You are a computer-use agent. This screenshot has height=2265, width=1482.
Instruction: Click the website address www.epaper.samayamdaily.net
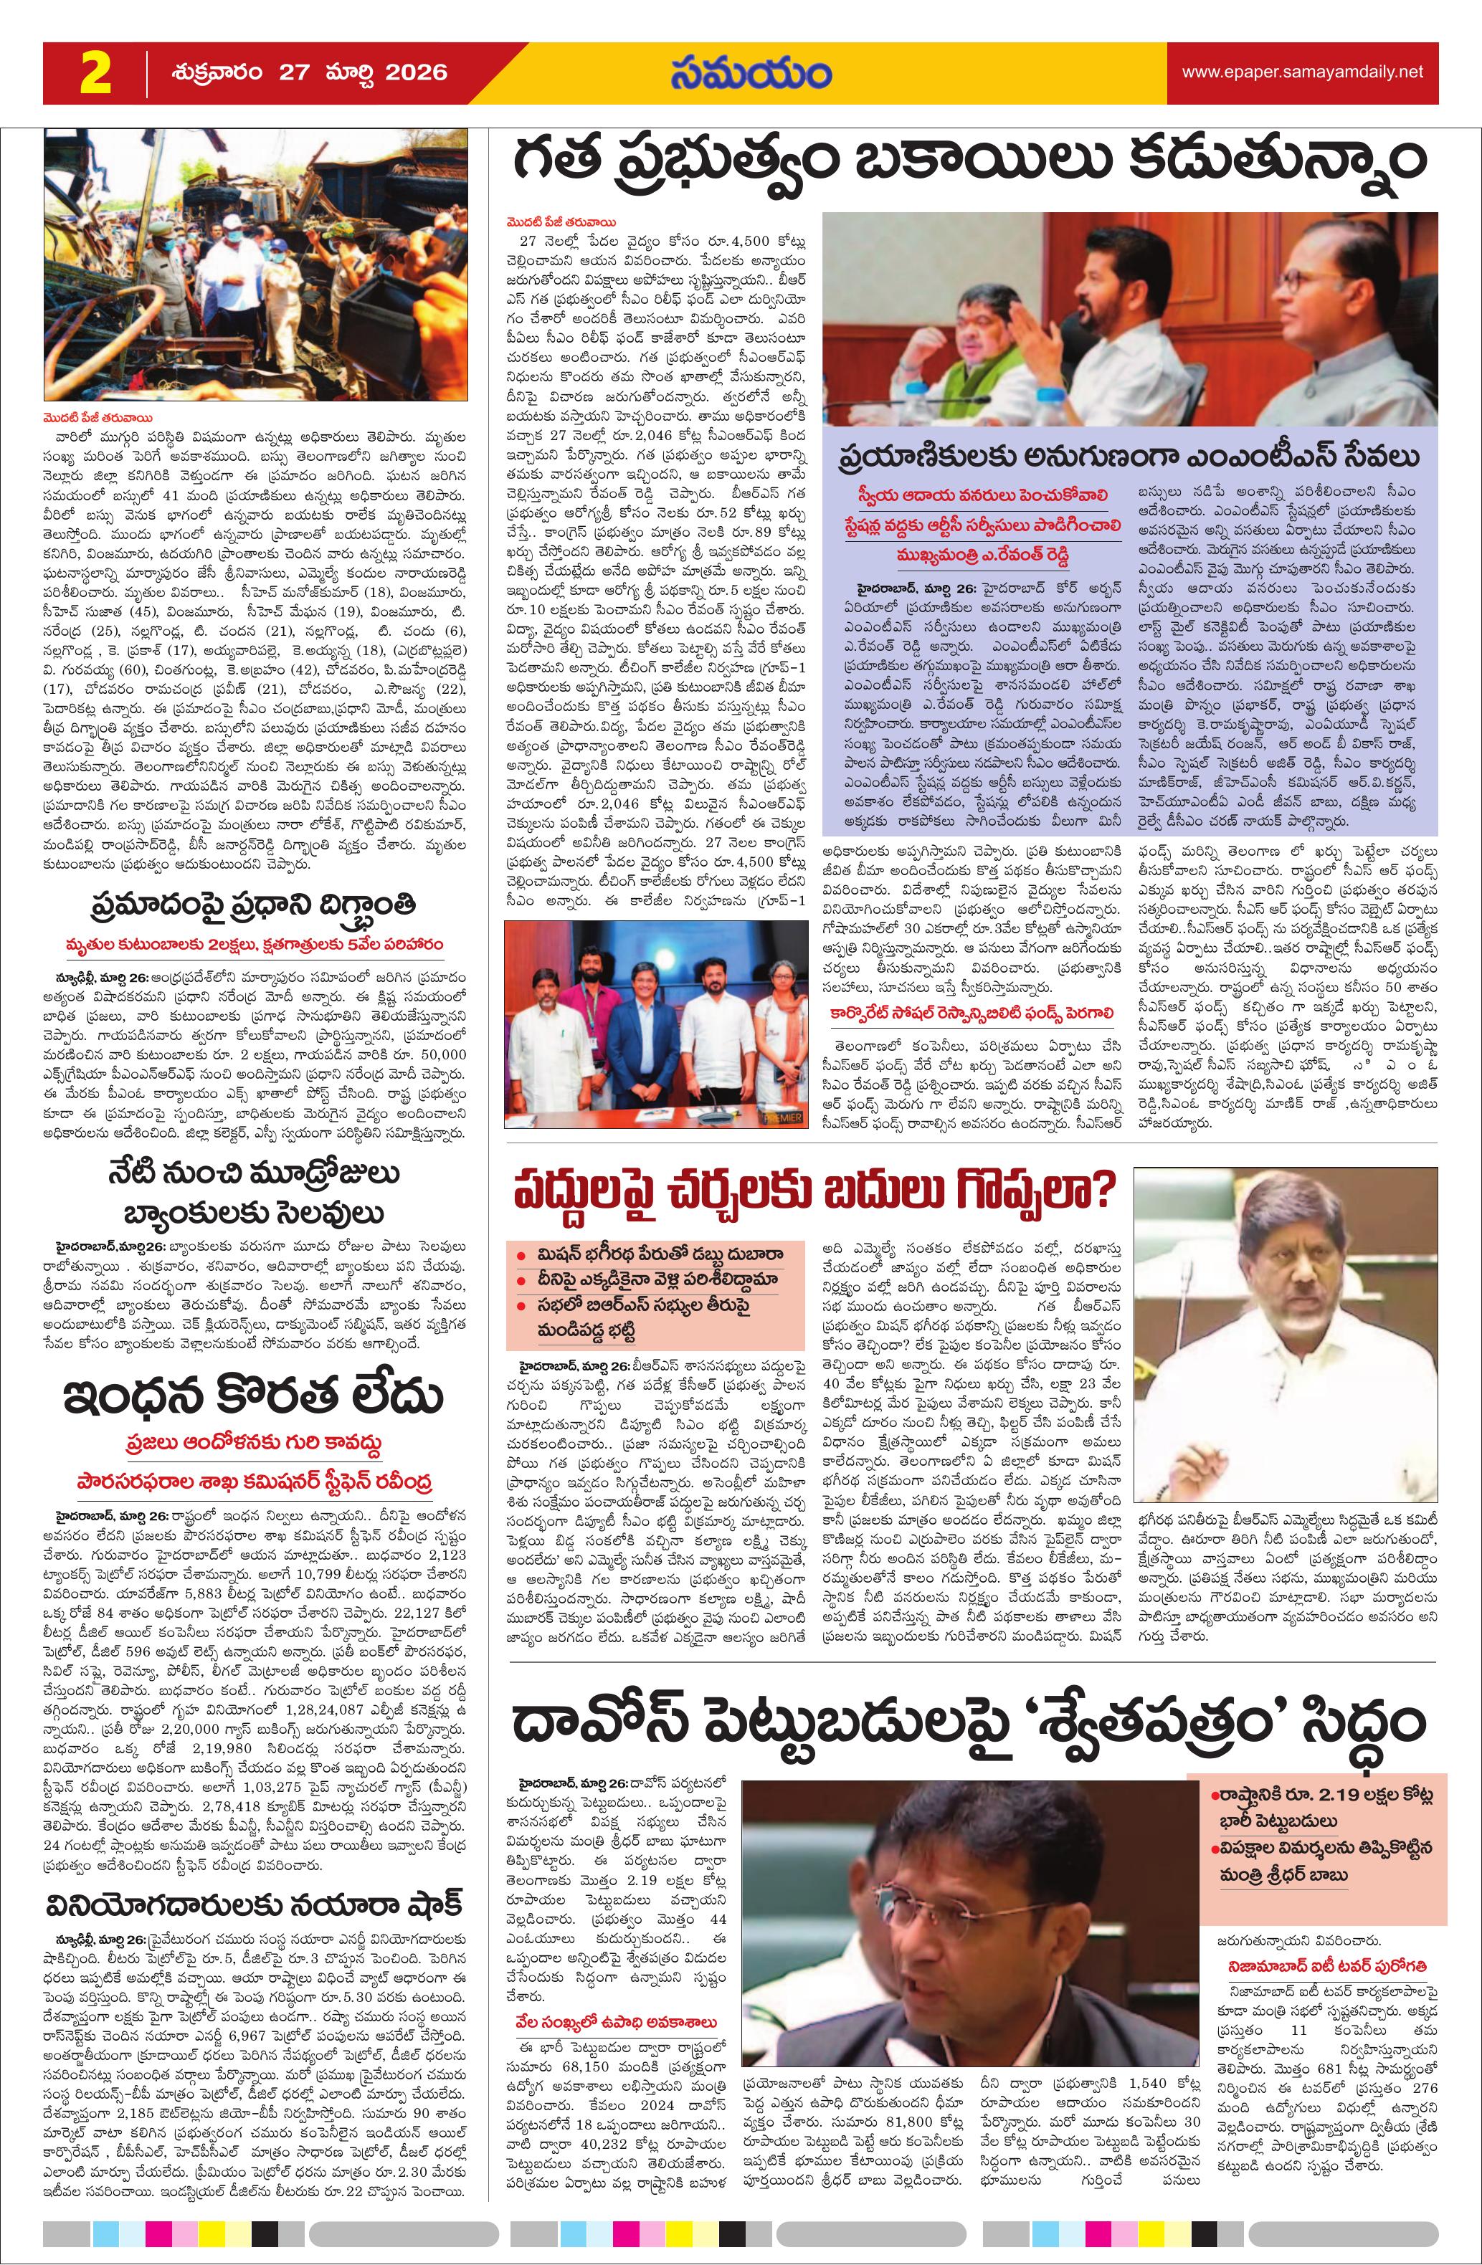[x=1302, y=72]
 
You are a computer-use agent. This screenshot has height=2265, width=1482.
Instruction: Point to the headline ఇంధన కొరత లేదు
[x=253, y=1396]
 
